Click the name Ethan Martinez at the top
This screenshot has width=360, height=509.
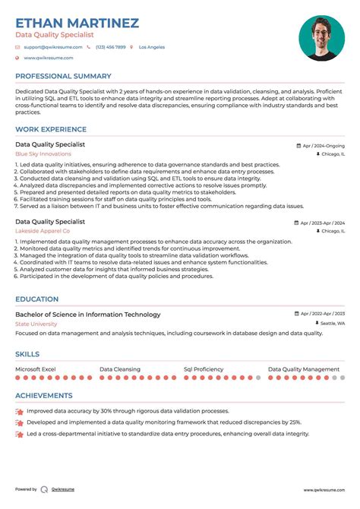77,23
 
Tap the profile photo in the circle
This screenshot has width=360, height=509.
321,38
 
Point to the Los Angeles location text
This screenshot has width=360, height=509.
151,47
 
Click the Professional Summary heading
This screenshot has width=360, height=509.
62,76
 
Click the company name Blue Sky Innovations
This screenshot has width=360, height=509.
43,153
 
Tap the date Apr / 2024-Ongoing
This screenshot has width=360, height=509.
323,144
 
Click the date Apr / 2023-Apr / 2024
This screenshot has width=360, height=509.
322,223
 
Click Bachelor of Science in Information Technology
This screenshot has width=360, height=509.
87,315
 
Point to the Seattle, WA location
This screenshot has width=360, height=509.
332,323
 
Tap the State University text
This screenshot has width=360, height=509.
36,324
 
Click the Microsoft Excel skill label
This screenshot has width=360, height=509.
36,368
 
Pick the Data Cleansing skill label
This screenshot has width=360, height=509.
120,368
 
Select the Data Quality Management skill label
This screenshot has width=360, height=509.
304,368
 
